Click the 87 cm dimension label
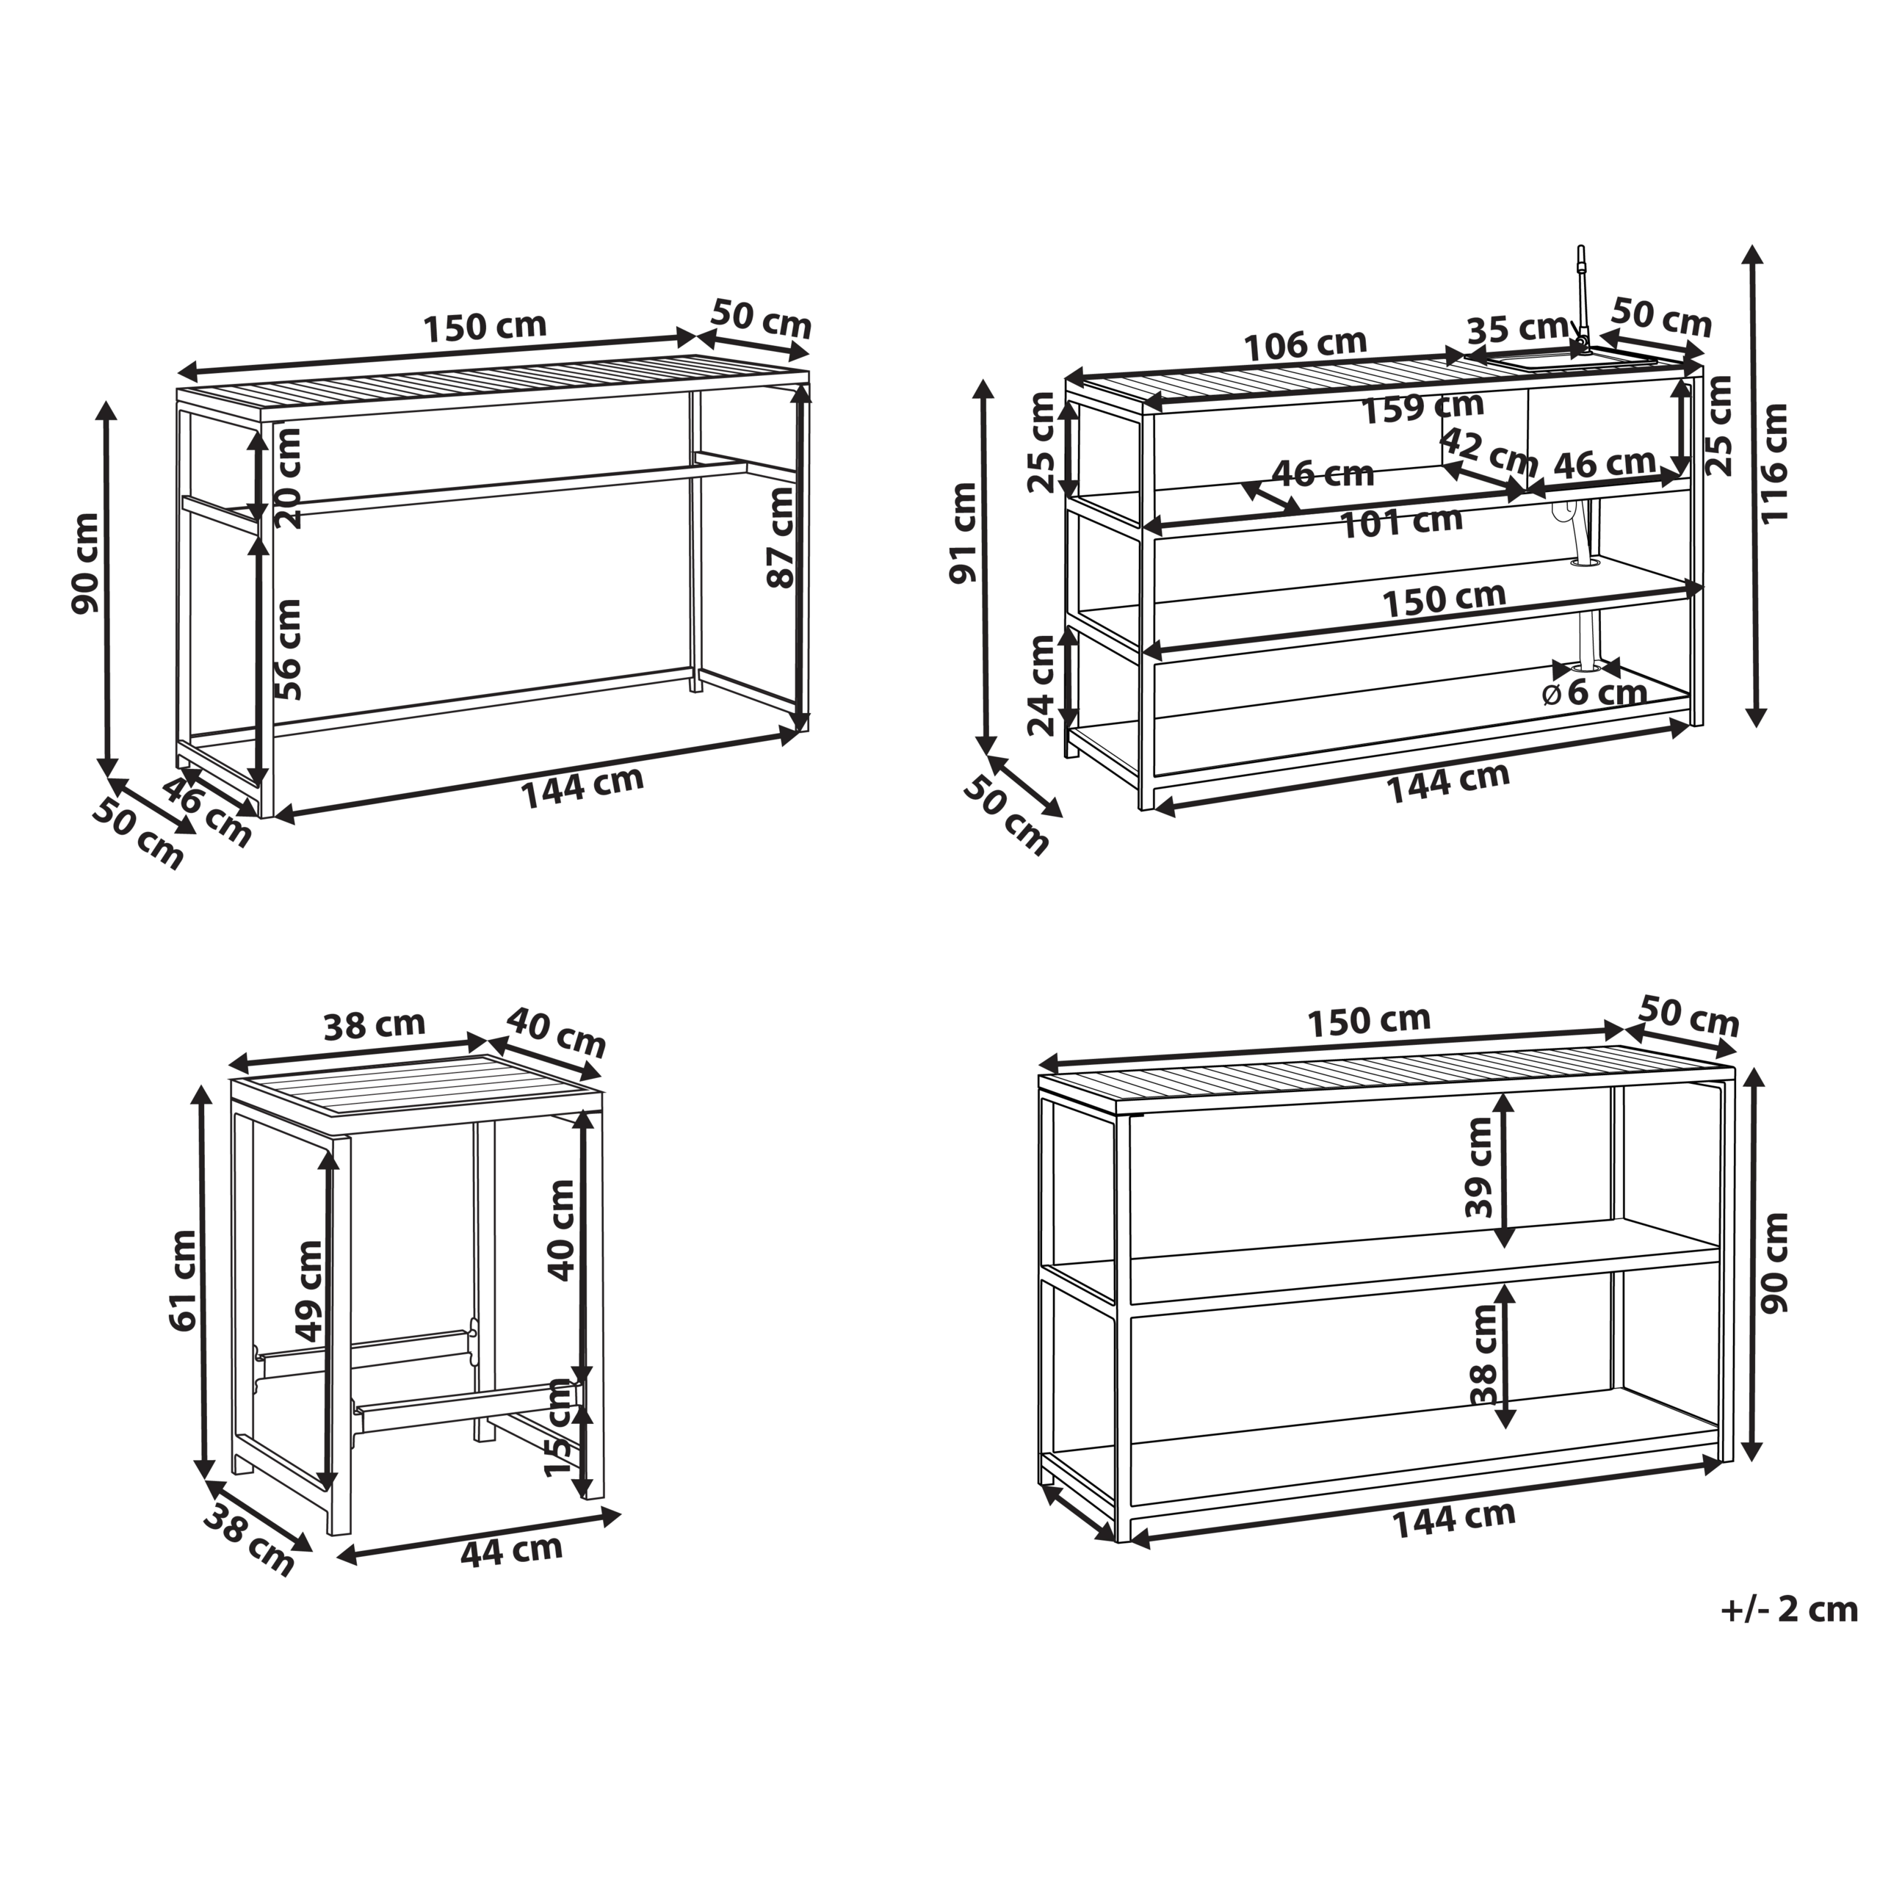(781, 537)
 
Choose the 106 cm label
(1306, 344)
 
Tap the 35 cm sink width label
(1517, 329)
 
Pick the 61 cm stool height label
(182, 1279)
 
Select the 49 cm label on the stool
(309, 1290)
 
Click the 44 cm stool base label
(512, 1550)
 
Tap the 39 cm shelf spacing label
(1479, 1167)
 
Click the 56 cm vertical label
(289, 649)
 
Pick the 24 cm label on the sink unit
(1041, 684)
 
